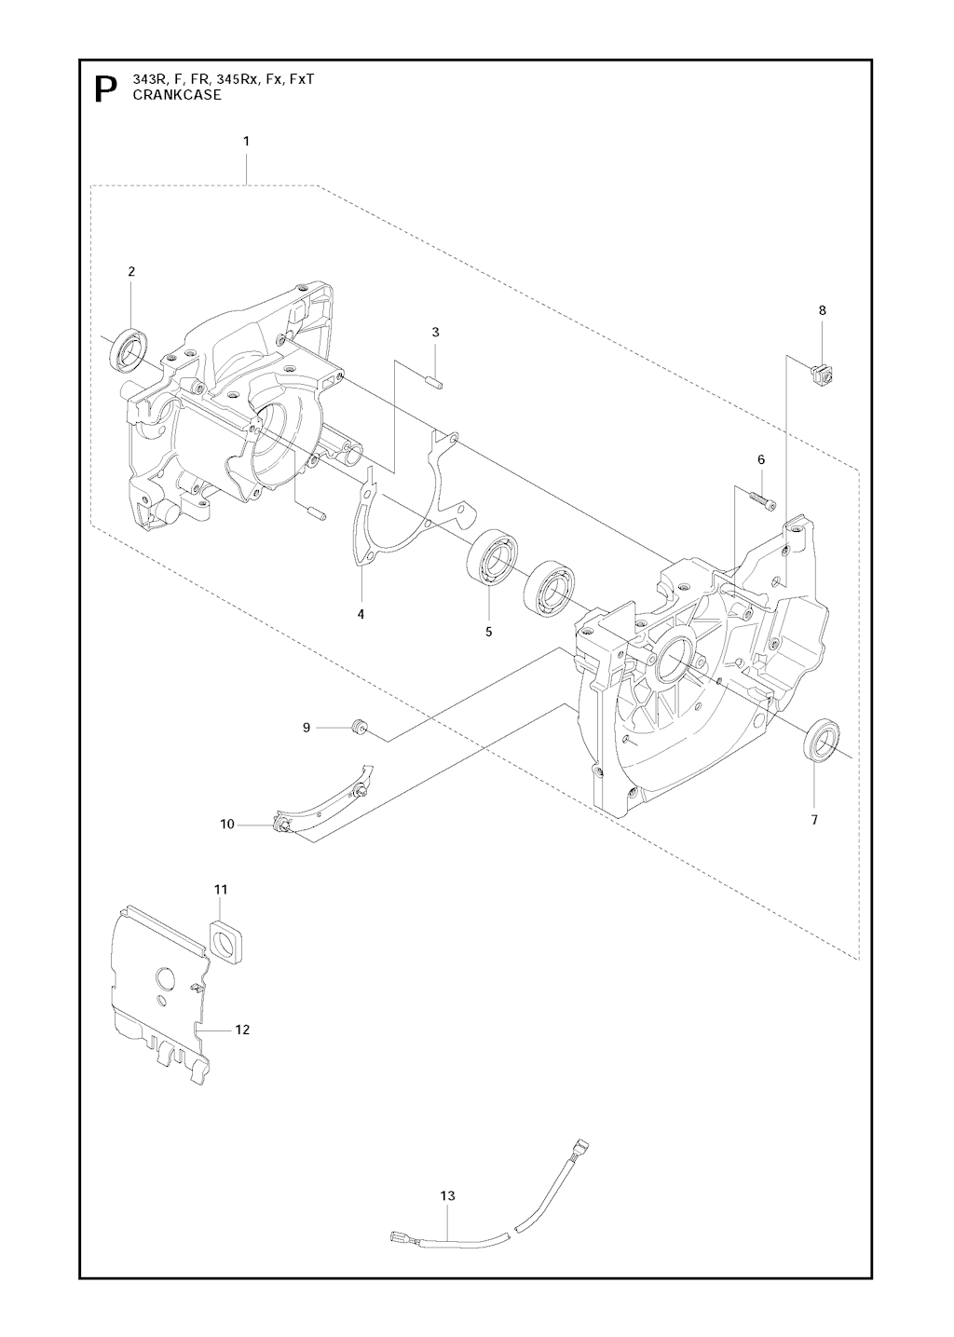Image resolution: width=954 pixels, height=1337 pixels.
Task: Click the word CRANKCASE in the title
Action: [177, 95]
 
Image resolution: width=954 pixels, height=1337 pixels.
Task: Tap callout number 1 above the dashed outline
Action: [246, 142]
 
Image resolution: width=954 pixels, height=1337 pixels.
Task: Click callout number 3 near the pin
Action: [435, 333]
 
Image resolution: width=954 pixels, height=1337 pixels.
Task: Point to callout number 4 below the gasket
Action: [361, 614]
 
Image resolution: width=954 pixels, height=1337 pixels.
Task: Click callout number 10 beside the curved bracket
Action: [227, 825]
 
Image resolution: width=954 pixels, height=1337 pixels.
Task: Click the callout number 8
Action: [823, 310]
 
